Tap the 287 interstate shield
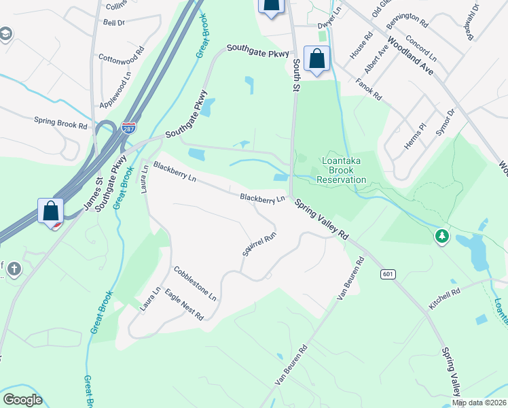click(x=128, y=127)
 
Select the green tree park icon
click(x=442, y=236)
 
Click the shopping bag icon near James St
click(x=51, y=210)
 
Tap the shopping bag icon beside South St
click(x=317, y=58)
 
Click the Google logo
click(x=22, y=400)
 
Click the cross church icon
click(x=14, y=270)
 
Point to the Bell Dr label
click(x=113, y=22)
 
